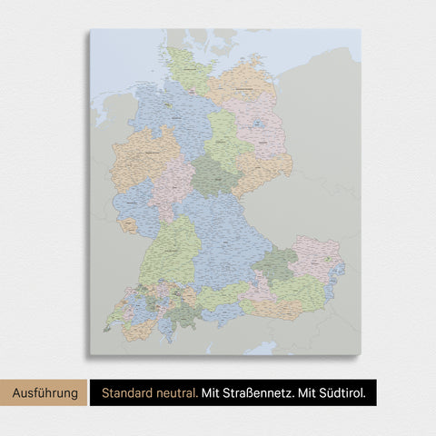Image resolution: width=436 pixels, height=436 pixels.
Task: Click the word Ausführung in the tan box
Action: (x=45, y=392)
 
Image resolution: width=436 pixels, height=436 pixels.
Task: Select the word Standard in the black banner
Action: (x=127, y=392)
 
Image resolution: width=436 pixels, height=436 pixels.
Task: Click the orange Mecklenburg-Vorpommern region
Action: (x=241, y=82)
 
